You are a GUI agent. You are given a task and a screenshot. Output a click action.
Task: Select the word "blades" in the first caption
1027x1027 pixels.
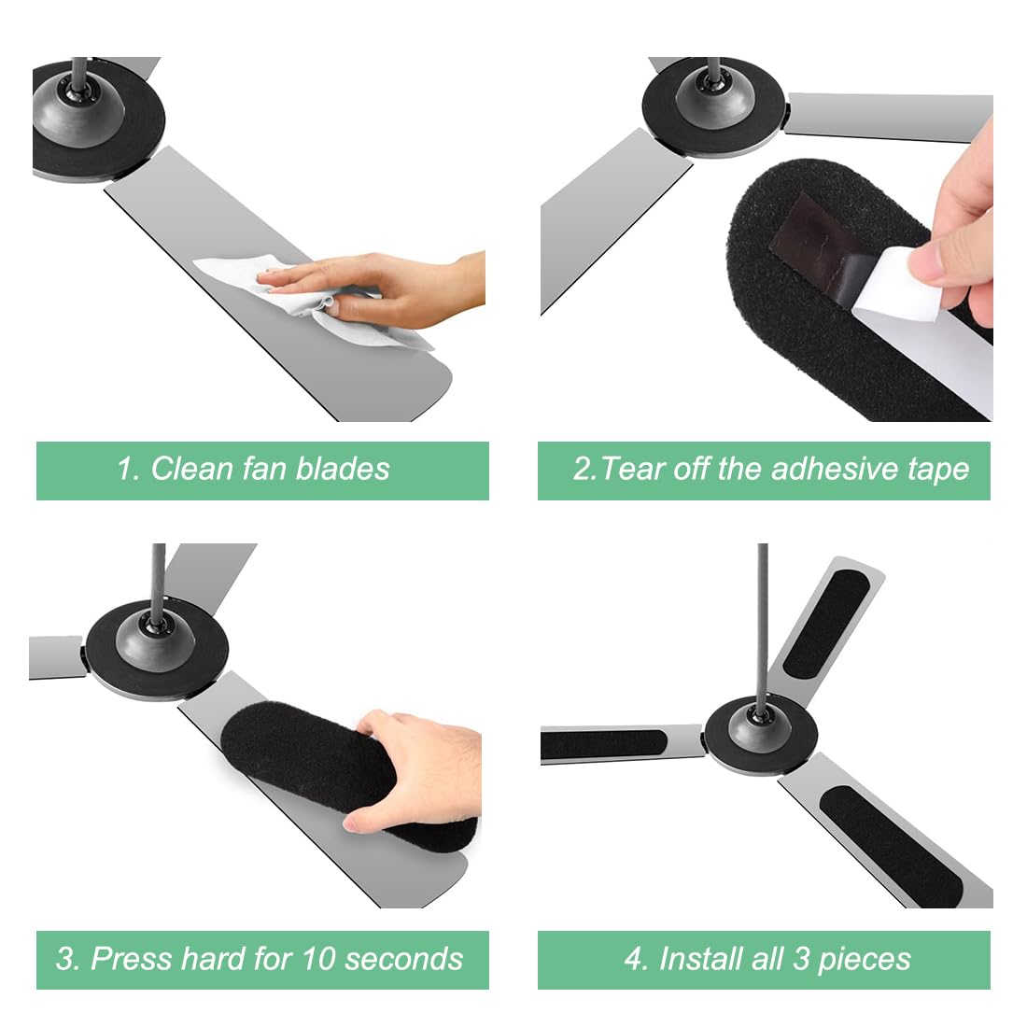point(345,469)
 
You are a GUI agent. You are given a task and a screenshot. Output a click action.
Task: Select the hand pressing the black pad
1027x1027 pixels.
point(420,766)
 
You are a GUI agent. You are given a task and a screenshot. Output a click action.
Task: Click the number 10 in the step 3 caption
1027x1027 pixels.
point(318,959)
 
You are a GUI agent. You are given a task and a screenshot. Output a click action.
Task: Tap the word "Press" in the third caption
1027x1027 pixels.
point(131,959)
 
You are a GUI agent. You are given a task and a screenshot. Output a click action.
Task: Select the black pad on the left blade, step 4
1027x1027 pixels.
point(603,744)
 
